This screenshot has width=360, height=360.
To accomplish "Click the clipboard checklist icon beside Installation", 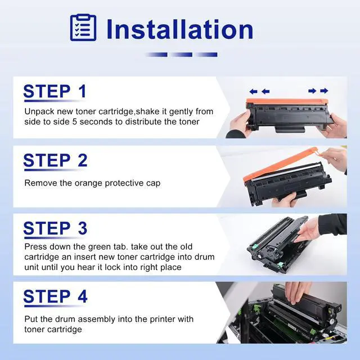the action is pos(83,28).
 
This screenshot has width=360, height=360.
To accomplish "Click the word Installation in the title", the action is pos(180,29).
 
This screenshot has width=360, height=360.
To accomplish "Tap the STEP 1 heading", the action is pos(55,91).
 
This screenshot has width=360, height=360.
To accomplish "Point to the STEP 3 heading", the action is pos(55,228).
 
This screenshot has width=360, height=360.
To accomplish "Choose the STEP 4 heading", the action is pos(55,296).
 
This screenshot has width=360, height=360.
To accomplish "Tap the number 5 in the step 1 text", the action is pos(74,121).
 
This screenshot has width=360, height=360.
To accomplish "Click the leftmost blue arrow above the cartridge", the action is pos(253,92).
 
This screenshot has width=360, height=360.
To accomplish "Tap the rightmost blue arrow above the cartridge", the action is pos(324,91).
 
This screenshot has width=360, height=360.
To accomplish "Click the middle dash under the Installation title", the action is pos(181,55).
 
